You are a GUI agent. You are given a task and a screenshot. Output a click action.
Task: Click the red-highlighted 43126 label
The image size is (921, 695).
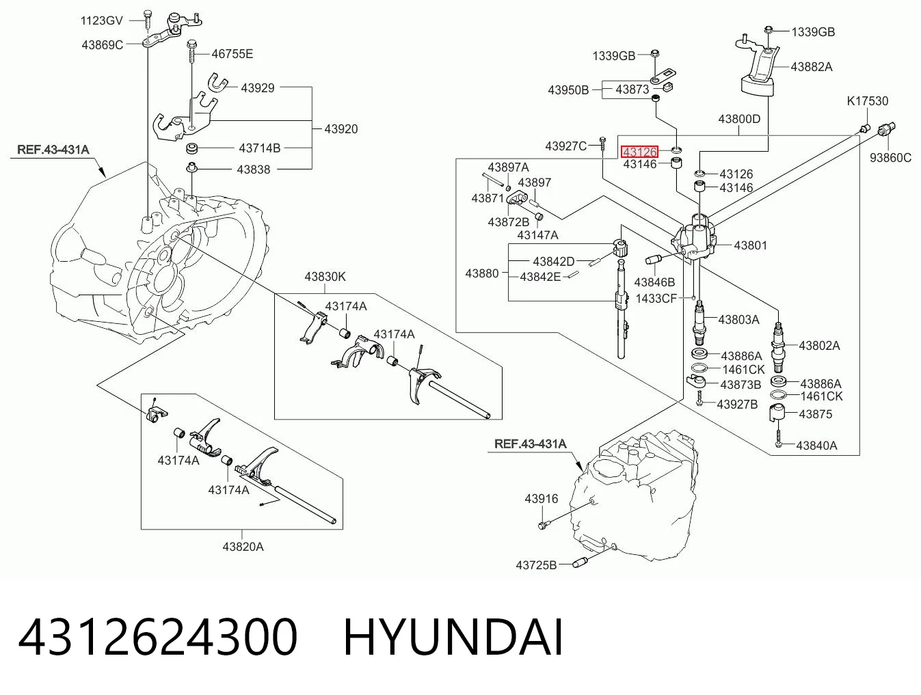[x=640, y=151]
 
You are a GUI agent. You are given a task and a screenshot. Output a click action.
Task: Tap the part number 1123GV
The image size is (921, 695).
[x=102, y=21]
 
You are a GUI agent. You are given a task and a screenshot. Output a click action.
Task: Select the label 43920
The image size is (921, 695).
[x=341, y=128]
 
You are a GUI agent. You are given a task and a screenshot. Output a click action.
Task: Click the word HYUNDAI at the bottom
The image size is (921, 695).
[x=453, y=638]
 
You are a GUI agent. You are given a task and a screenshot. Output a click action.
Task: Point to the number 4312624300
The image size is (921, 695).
[x=158, y=638]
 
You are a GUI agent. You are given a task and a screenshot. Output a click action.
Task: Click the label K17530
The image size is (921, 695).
[x=867, y=101]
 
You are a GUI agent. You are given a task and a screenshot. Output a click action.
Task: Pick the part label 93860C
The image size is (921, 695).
[x=890, y=158]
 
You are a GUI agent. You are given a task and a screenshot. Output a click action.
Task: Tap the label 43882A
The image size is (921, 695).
[x=812, y=67]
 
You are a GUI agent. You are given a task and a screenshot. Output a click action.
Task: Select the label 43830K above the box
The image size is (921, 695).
[x=325, y=277]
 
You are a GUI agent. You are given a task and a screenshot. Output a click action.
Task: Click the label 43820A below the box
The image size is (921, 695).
[x=243, y=547]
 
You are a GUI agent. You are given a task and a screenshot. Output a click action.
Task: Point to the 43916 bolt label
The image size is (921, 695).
[x=542, y=498]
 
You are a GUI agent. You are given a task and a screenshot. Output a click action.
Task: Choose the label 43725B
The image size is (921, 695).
[x=536, y=565]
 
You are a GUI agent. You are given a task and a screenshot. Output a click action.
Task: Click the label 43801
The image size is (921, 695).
[x=750, y=245]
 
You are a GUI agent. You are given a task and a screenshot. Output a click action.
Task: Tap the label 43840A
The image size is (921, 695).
[x=816, y=445]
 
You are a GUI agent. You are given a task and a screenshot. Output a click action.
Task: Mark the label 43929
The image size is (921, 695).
[x=258, y=87]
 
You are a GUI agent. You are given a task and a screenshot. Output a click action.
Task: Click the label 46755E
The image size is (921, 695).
[x=232, y=54]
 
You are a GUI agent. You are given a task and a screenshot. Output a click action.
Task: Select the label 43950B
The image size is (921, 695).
[x=569, y=90]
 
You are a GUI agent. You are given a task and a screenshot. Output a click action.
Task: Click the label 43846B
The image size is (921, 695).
[x=654, y=282]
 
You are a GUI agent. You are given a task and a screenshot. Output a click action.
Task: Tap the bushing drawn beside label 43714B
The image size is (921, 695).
[x=193, y=148]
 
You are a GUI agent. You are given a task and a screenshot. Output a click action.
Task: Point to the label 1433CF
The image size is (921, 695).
[x=656, y=299]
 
